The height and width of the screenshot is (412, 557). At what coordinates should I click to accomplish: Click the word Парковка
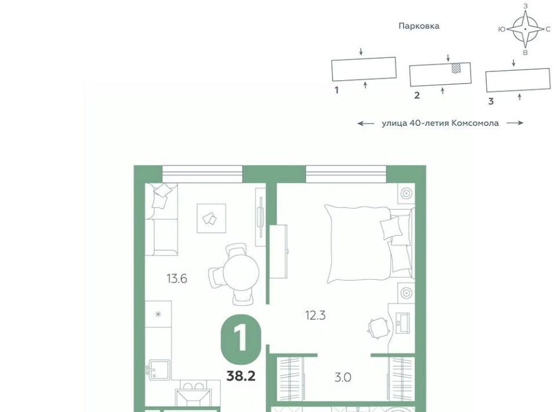[419, 26]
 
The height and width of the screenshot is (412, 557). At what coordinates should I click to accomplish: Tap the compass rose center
[526, 29]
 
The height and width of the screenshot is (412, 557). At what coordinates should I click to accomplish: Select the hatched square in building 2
[457, 68]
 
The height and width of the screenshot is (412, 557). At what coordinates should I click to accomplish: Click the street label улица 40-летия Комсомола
[440, 123]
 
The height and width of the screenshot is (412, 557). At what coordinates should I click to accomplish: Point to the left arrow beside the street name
[366, 124]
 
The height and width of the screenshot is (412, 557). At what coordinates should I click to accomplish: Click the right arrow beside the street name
[515, 123]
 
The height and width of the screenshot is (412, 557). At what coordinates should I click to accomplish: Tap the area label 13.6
[177, 279]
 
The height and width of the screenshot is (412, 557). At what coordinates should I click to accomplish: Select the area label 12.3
[316, 315]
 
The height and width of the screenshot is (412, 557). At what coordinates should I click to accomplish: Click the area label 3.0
[343, 377]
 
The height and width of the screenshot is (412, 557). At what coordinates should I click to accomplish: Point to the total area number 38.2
[241, 376]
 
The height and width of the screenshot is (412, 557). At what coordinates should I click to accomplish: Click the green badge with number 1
[241, 340]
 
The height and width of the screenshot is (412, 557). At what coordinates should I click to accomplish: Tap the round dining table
[241, 273]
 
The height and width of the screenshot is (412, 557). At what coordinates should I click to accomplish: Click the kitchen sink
[160, 370]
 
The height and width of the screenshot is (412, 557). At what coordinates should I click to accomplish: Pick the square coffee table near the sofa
[212, 218]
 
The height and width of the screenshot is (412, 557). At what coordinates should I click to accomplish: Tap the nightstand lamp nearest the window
[406, 193]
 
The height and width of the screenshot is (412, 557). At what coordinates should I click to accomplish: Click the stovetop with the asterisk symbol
[158, 315]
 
